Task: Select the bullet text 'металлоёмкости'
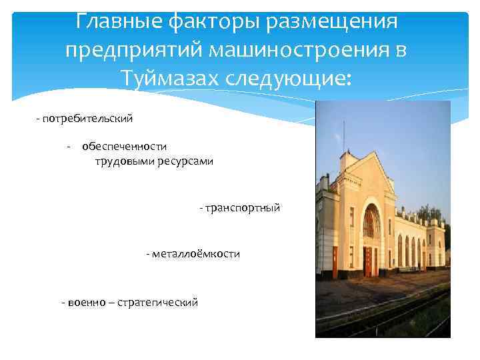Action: point(197,255)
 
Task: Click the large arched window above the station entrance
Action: point(371,222)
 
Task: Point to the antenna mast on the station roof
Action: point(344,137)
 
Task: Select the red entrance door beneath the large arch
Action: point(367,261)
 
